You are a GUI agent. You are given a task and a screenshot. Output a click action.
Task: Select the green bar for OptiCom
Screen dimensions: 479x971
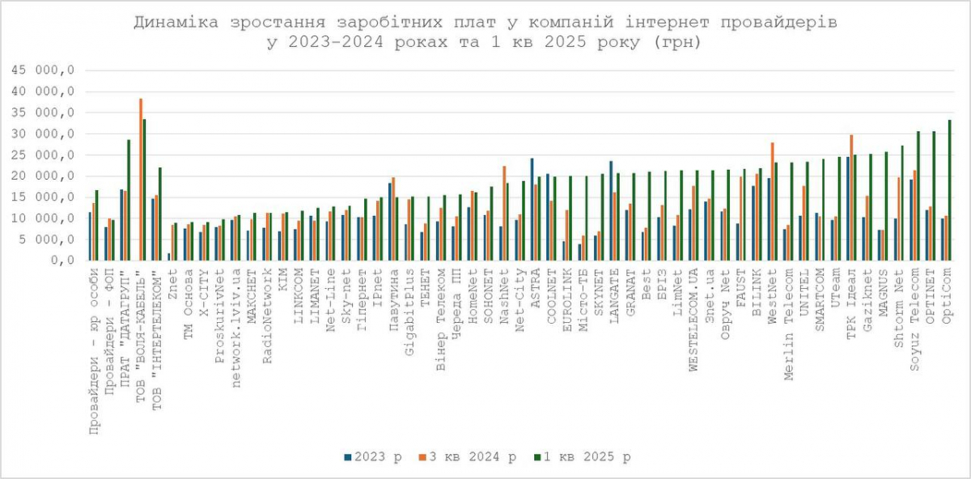pos(950,190)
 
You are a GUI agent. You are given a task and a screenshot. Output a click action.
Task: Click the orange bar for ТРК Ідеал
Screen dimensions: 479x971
pos(851,197)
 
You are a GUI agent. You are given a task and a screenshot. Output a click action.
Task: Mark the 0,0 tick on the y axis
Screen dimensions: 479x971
pos(61,261)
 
